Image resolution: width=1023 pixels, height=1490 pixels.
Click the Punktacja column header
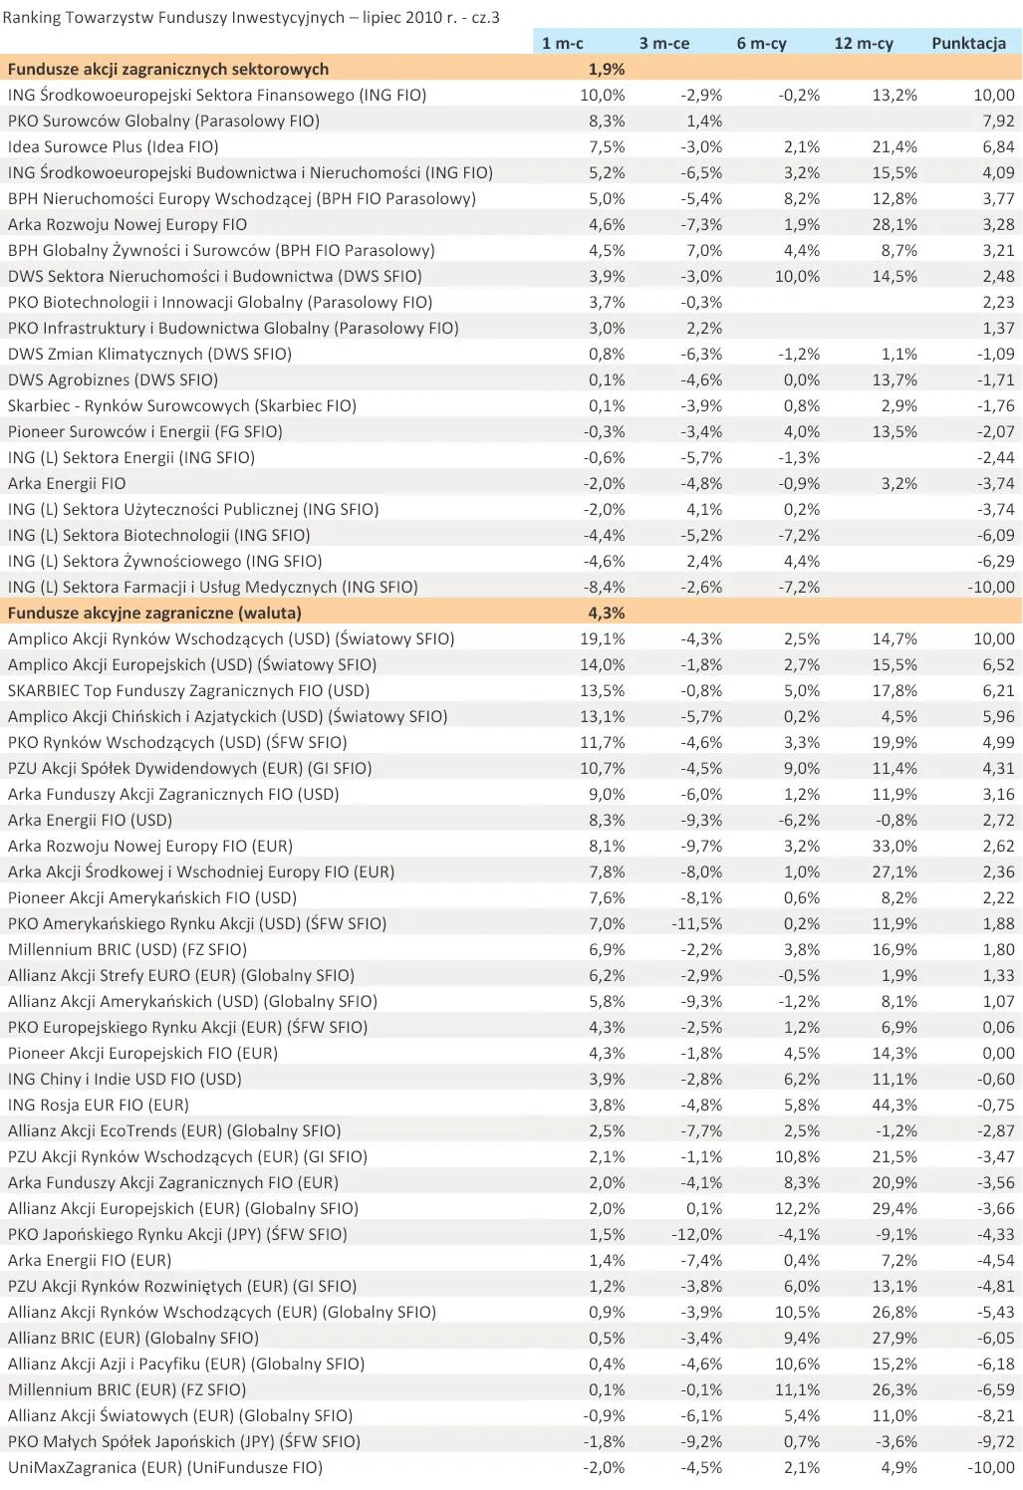pyautogui.click(x=967, y=43)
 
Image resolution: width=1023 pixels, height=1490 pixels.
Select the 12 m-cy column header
pyautogui.click(x=863, y=43)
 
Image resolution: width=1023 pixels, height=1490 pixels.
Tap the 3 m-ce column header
pyautogui.click(x=663, y=43)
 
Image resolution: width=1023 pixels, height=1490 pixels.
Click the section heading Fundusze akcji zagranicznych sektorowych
pyautogui.click(x=168, y=69)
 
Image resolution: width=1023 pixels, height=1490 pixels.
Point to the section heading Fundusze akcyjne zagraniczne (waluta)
pyautogui.click(x=154, y=613)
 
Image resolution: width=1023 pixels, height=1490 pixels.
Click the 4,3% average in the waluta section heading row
pyautogui.click(x=606, y=613)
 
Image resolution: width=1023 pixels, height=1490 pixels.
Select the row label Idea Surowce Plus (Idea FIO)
pyautogui.click(x=113, y=146)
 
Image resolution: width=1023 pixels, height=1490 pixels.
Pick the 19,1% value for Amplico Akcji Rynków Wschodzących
pyautogui.click(x=602, y=638)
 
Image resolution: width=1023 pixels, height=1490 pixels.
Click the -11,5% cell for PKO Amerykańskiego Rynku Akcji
pyautogui.click(x=696, y=923)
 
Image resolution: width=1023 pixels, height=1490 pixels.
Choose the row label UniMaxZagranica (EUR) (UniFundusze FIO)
pyautogui.click(x=165, y=1467)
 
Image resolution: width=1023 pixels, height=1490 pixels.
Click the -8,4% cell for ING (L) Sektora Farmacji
pyautogui.click(x=604, y=587)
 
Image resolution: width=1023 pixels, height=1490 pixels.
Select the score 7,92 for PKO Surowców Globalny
pyautogui.click(x=997, y=121)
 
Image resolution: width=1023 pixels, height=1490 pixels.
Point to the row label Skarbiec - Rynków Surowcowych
pyautogui.click(x=181, y=405)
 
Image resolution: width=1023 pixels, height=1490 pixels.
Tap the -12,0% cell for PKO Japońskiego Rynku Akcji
pyautogui.click(x=696, y=1234)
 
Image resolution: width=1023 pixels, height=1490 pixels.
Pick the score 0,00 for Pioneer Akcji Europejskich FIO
pyautogui.click(x=997, y=1053)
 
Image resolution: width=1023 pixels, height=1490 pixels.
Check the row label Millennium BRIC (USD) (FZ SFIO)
pyautogui.click(x=128, y=949)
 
